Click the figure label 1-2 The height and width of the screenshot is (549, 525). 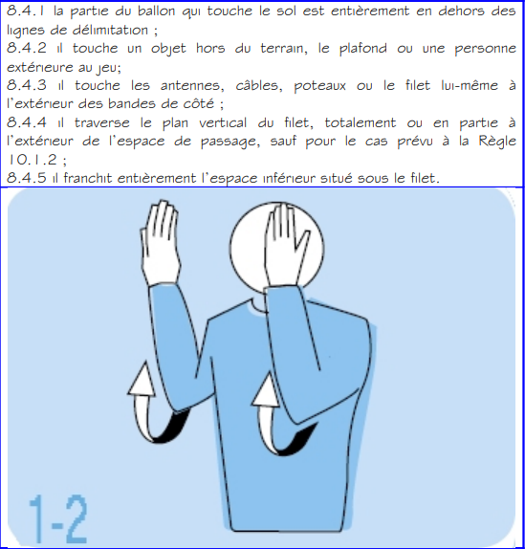coord(55,517)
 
